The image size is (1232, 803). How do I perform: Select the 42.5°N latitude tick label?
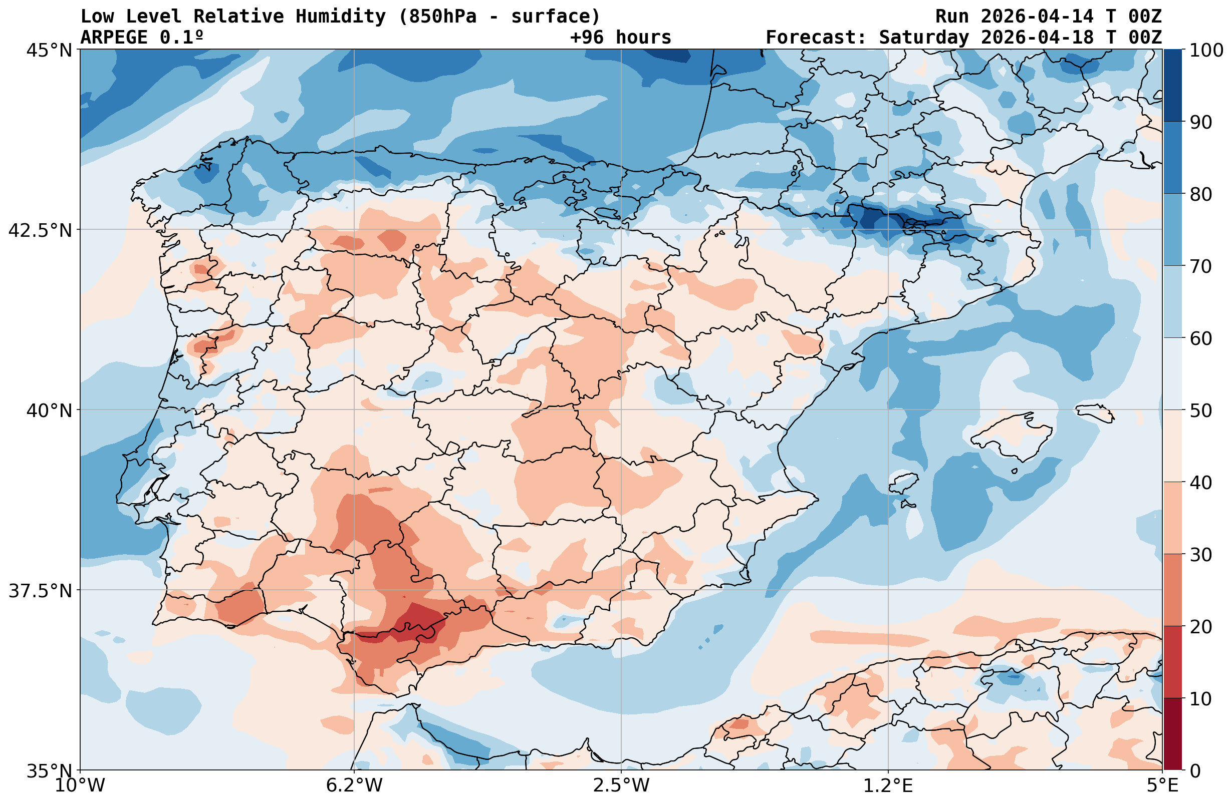point(40,230)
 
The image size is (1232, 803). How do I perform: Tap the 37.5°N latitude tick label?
point(40,590)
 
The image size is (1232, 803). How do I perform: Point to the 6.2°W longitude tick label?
point(354,785)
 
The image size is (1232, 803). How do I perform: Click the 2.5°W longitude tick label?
point(621,785)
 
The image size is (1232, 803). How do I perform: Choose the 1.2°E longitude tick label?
point(888,785)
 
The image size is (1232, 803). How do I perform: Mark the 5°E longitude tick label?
point(1162,785)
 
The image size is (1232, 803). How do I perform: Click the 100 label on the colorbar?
point(1206,50)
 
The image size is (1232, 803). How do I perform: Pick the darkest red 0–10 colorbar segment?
point(1172,734)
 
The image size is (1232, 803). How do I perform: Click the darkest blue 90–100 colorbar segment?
point(1172,86)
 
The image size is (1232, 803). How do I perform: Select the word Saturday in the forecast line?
point(923,37)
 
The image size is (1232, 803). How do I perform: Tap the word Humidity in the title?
point(341,17)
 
